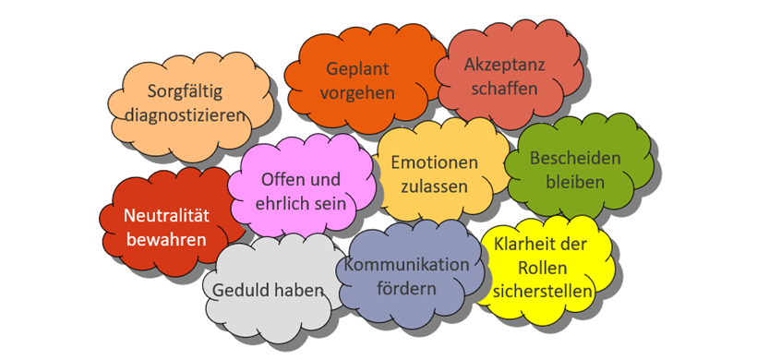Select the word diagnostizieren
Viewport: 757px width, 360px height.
pyautogui.click(x=186, y=116)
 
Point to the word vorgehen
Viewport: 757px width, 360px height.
pyautogui.click(x=359, y=93)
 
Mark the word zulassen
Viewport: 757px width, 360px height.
pyautogui.click(x=435, y=186)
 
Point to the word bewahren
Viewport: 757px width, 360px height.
pyautogui.click(x=167, y=240)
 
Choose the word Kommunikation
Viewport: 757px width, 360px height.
pyautogui.click(x=407, y=265)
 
